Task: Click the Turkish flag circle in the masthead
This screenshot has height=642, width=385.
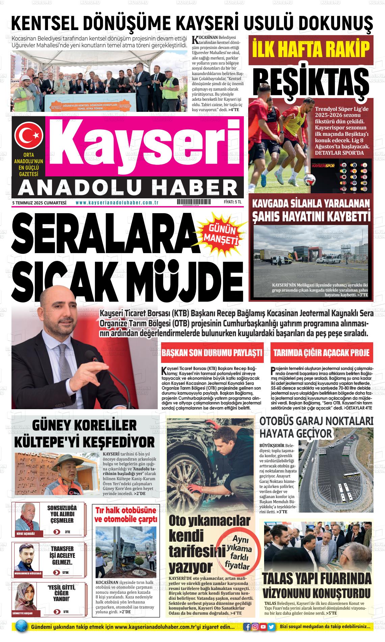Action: coord(28,135)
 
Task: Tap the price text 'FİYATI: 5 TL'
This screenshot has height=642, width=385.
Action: coord(233,202)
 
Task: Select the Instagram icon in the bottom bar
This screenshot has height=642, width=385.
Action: coord(255,627)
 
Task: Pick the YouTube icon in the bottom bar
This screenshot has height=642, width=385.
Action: coord(263,627)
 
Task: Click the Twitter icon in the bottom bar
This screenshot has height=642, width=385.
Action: coord(271,627)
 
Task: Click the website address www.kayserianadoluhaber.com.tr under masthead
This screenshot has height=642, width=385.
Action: coord(118,202)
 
